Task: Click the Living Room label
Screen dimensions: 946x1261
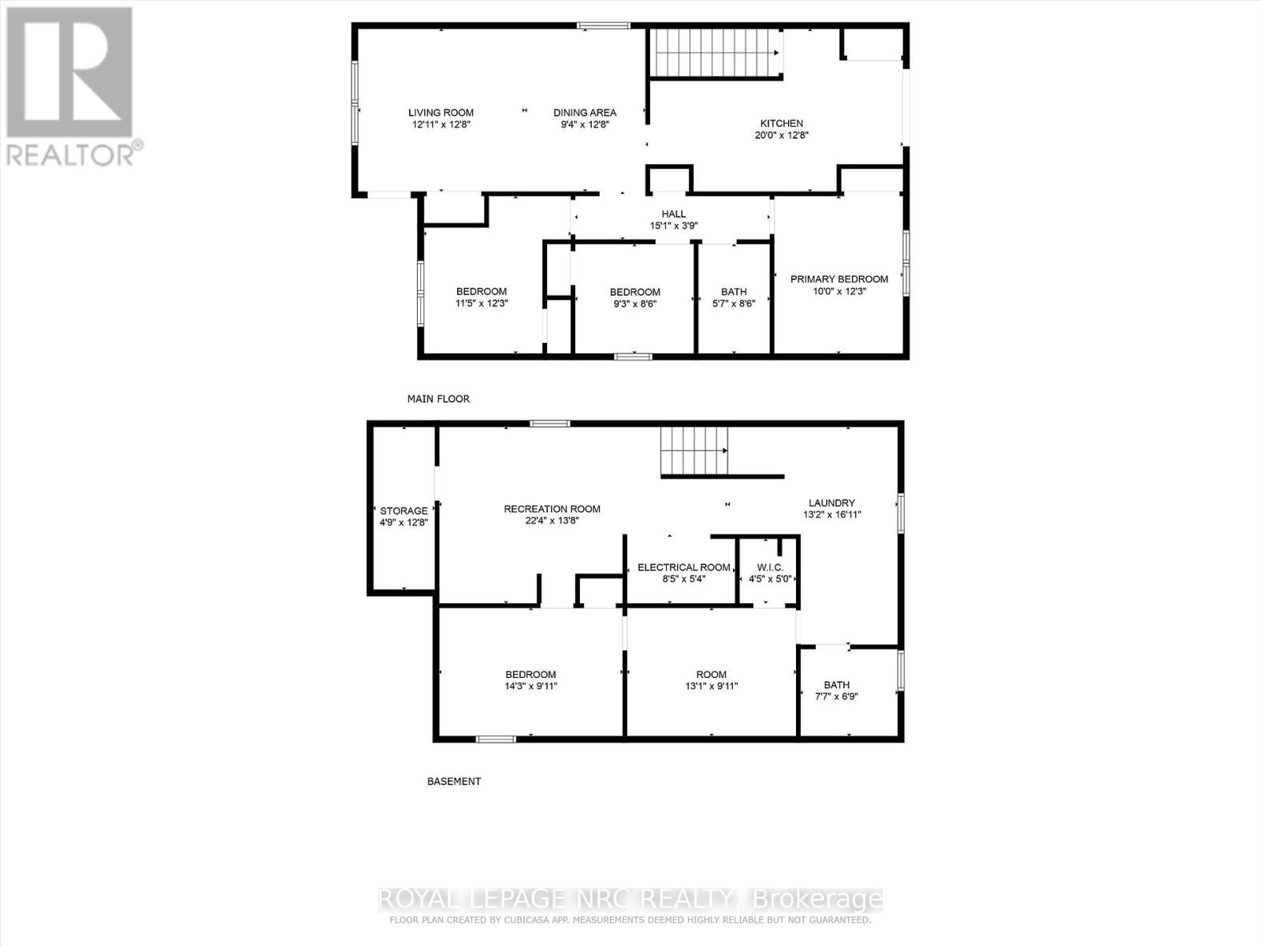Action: [441, 113]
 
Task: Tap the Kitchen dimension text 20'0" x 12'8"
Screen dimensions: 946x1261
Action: [781, 136]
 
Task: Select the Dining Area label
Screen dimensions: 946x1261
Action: [584, 113]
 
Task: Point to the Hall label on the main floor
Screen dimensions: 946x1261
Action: [673, 214]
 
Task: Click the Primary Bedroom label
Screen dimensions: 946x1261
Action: [839, 279]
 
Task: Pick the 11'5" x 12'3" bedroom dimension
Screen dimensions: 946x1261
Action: [481, 304]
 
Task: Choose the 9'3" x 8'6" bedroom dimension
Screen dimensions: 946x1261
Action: [634, 304]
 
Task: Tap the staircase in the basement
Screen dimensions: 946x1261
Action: [693, 451]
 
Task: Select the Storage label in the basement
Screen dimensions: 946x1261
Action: [404, 511]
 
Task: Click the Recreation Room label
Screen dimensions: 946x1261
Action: [552, 509]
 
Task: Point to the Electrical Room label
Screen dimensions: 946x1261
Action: [683, 568]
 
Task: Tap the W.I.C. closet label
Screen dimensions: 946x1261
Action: [769, 568]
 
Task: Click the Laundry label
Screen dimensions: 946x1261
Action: [831, 503]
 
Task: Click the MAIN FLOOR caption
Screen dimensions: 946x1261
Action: [438, 399]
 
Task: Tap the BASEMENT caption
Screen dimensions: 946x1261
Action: [454, 781]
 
